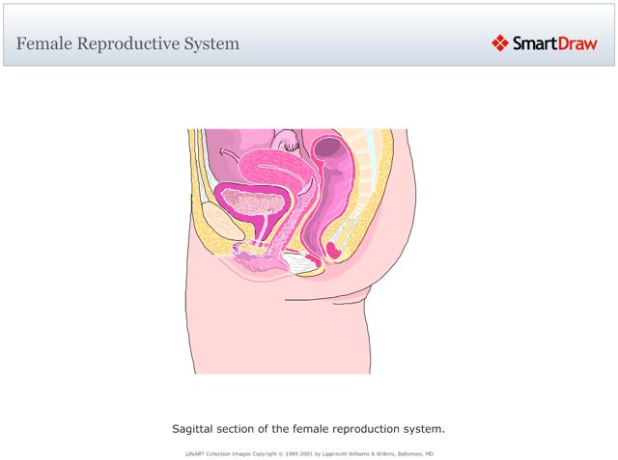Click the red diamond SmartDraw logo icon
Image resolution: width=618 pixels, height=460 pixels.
499,42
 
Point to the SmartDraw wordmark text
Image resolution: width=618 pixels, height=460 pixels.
554,42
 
